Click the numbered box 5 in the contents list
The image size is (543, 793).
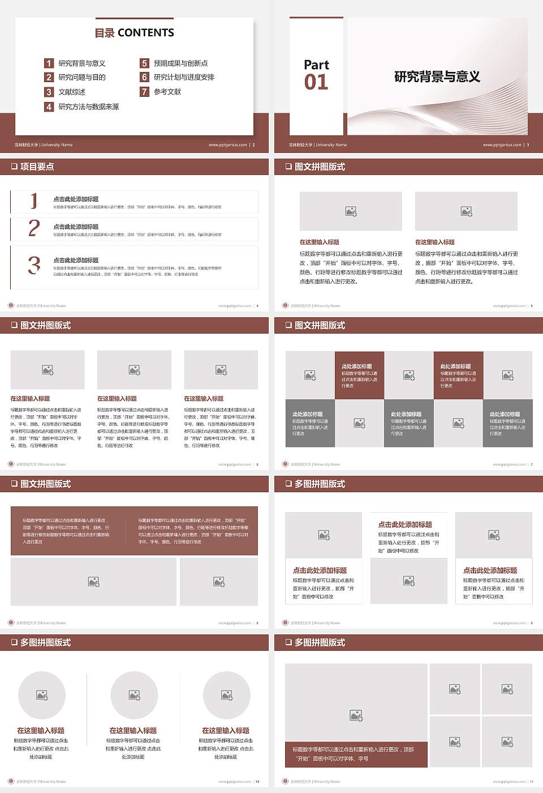[144, 63]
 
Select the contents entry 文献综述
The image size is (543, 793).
[72, 92]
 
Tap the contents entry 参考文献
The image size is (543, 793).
[167, 92]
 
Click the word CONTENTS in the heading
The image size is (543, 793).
[146, 33]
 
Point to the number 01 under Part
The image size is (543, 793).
[316, 83]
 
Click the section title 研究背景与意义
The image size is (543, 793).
[437, 77]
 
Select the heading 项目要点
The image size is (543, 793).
[37, 167]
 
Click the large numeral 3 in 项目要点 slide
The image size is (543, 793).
[35, 265]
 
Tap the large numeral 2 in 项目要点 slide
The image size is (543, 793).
[34, 228]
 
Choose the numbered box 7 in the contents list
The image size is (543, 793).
[144, 92]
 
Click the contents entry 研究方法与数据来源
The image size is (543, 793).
[89, 106]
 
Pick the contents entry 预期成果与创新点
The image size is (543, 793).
[181, 63]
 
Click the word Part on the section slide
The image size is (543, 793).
[316, 65]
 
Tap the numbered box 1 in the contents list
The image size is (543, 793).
[49, 63]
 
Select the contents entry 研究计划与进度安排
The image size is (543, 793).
[184, 77]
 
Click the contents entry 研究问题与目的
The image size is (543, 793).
[82, 77]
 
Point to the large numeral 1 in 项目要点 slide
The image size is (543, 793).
[34, 201]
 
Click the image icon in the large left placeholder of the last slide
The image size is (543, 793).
[356, 716]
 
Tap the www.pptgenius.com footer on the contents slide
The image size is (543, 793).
[228, 145]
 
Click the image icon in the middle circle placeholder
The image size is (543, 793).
[134, 695]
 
